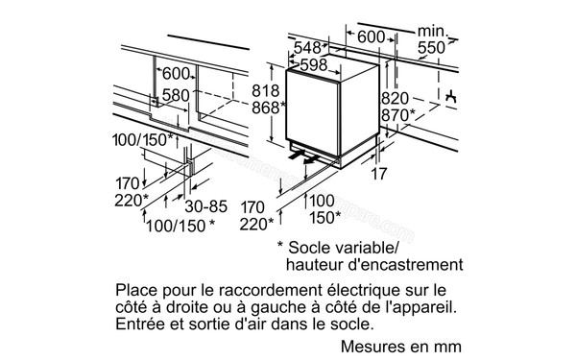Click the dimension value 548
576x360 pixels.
308,47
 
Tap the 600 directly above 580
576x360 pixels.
176,75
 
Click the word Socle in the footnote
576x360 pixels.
320,247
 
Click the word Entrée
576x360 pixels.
140,325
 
